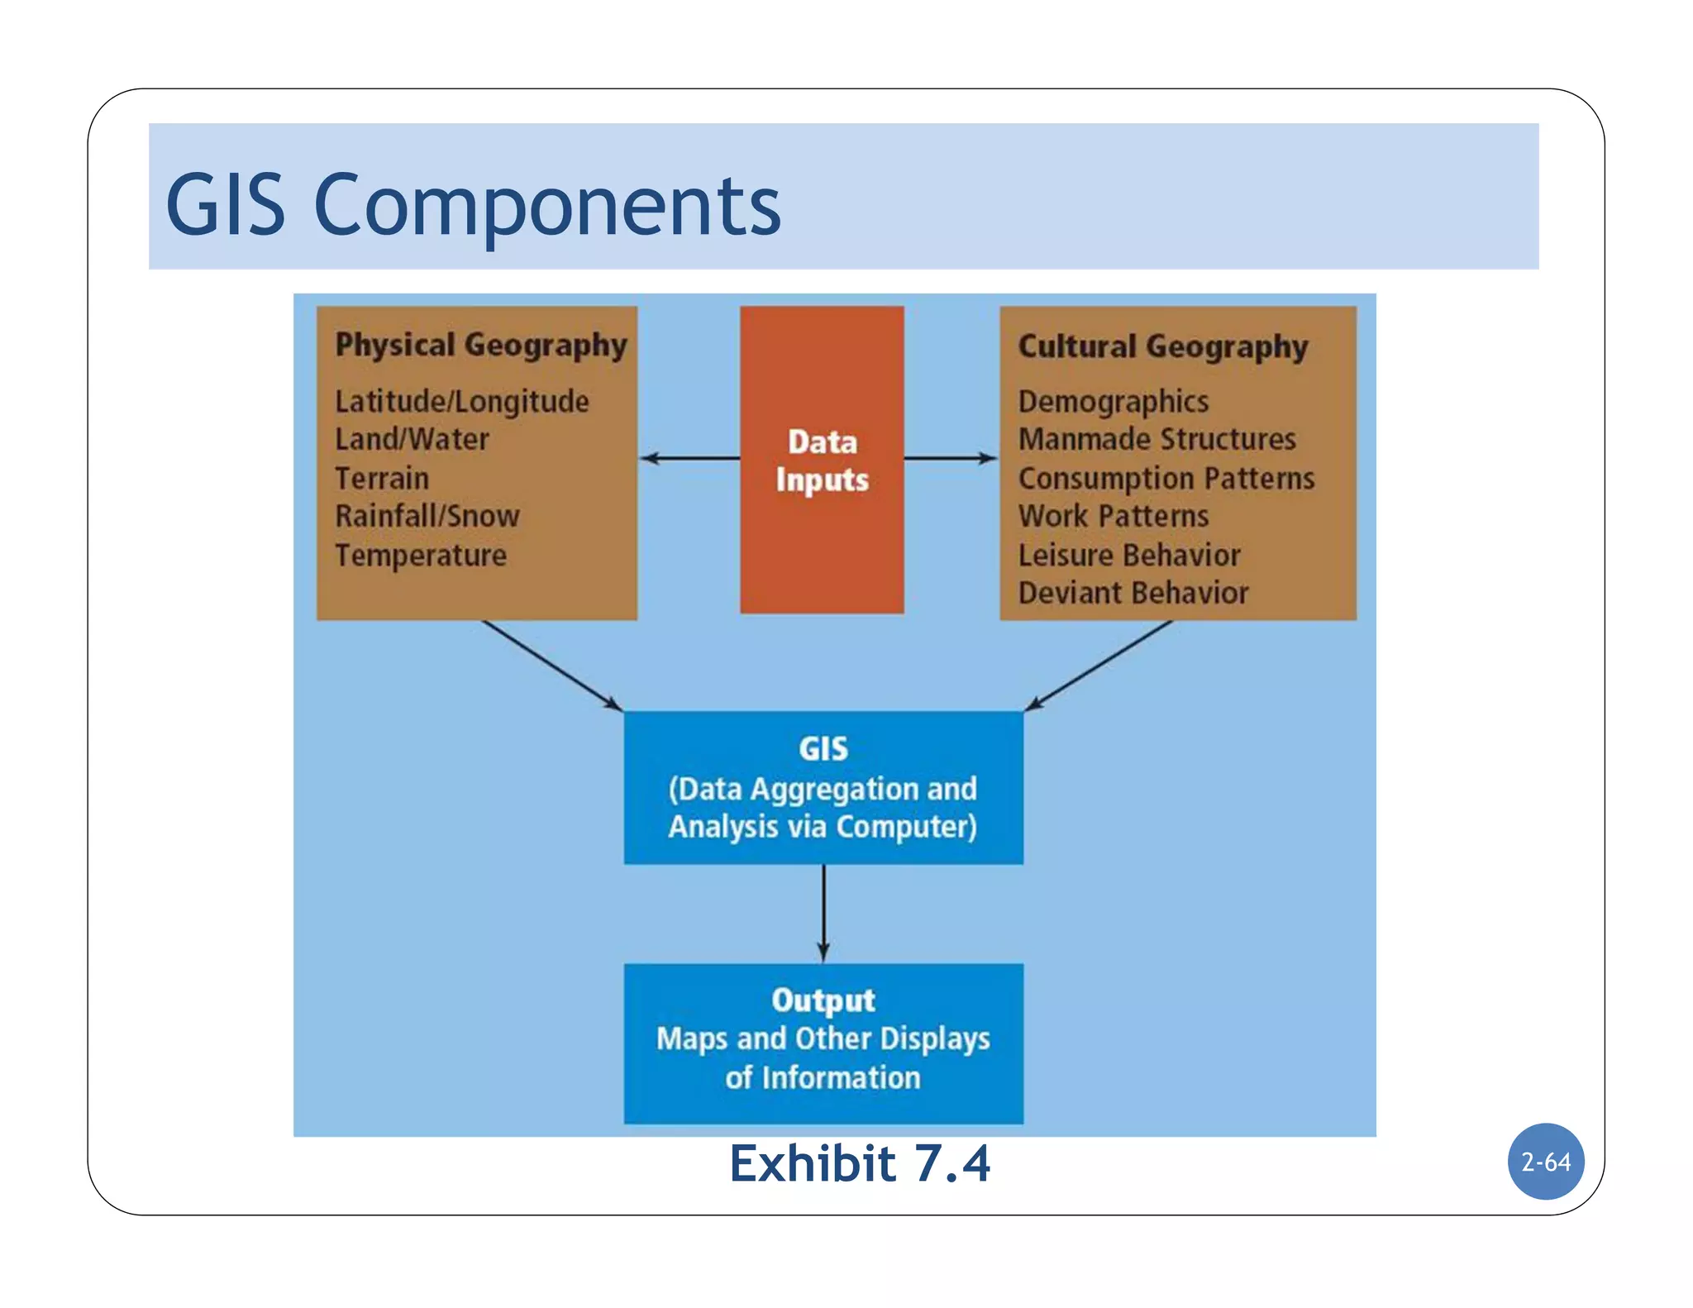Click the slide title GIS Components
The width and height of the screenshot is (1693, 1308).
(473, 204)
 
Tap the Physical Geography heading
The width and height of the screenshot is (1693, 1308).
(480, 345)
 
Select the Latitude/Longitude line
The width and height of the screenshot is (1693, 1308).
(461, 402)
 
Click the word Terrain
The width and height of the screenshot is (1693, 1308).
(382, 478)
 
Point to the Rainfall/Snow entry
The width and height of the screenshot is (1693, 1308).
(427, 516)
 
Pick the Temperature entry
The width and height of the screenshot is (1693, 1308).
(420, 555)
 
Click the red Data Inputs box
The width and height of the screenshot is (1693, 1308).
(822, 461)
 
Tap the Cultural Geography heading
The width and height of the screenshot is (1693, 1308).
(1162, 346)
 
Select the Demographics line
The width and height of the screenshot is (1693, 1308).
(1113, 402)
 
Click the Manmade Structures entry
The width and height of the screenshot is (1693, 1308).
(1156, 440)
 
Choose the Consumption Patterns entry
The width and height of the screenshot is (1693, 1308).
(1166, 478)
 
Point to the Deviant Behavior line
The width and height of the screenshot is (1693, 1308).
(1133, 593)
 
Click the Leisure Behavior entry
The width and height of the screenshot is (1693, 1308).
(1128, 555)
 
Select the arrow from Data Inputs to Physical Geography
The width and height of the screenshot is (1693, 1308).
(690, 458)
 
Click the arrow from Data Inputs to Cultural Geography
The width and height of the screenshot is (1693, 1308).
(951, 458)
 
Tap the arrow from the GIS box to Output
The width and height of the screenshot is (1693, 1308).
(823, 914)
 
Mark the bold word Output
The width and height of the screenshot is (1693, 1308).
(823, 1000)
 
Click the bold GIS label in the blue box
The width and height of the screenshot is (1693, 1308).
(823, 749)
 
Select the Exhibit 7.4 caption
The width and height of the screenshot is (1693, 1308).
(859, 1164)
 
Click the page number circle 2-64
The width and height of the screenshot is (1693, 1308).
(1545, 1162)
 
